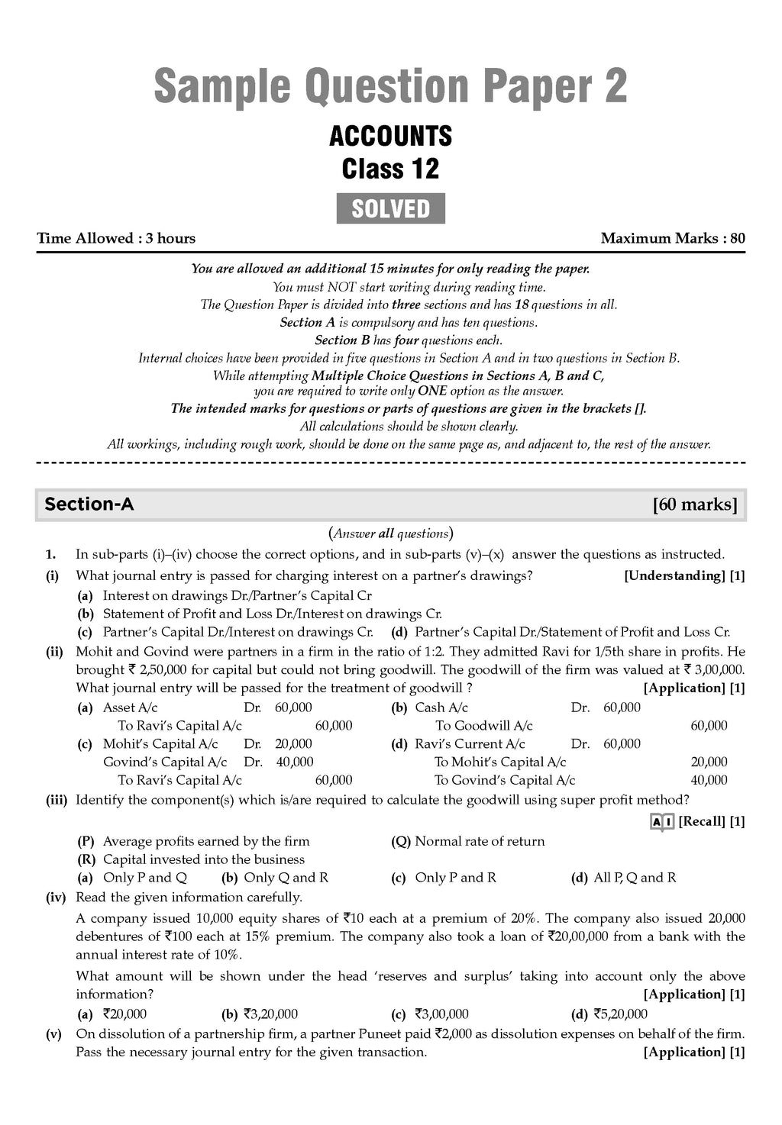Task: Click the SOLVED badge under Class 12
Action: [390, 208]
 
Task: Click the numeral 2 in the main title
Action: [613, 86]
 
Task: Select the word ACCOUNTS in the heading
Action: [390, 137]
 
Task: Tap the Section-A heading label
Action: [89, 504]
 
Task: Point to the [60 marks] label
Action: [695, 504]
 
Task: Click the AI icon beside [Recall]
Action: [661, 821]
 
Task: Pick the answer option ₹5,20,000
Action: [620, 1014]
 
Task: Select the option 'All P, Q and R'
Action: [635, 878]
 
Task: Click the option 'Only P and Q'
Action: [144, 878]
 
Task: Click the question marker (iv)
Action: [57, 898]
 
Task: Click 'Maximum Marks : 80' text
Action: [673, 238]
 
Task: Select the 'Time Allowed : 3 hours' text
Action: [116, 238]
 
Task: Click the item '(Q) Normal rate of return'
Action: [468, 841]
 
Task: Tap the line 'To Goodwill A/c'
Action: [484, 726]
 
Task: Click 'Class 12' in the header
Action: [390, 169]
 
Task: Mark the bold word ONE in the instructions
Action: [432, 392]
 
